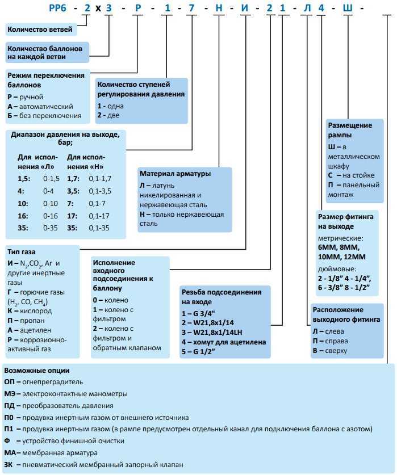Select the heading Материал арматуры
click(x=175, y=173)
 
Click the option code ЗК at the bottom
click(x=9, y=465)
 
